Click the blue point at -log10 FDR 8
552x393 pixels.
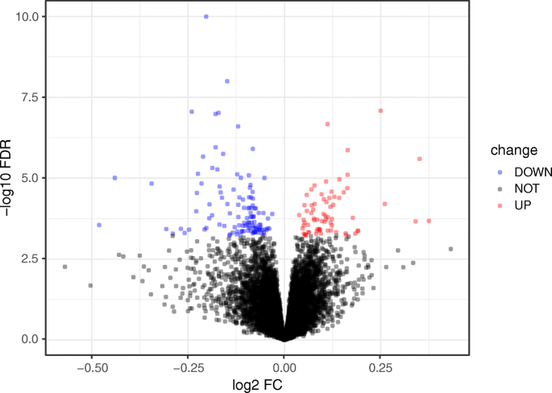pyautogui.click(x=227, y=81)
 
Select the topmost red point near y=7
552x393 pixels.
pyautogui.click(x=380, y=110)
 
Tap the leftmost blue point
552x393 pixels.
pyautogui.click(x=99, y=225)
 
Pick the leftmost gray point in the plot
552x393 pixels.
pyautogui.click(x=65, y=267)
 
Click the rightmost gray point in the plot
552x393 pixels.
pyautogui.click(x=450, y=249)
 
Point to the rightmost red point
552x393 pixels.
pyautogui.click(x=429, y=221)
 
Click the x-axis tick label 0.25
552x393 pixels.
pyautogui.click(x=380, y=365)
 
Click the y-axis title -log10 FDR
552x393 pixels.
pyautogui.click(x=10, y=177)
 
